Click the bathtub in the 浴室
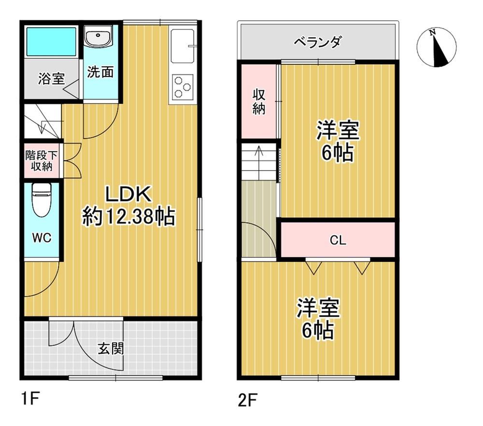pos(51,42)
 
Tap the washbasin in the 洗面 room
pos(98,36)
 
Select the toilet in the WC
pos(42,199)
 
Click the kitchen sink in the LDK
pos(183,46)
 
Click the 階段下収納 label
pos(42,160)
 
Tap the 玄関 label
pos(111,349)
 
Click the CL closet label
pos(338,240)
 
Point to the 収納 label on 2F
pos(259,101)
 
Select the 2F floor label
pos(248,400)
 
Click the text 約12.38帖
pos(128,216)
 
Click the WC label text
pos(42,238)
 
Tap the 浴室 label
pos(52,79)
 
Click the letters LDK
pos(128,194)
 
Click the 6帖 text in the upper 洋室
pos(337,153)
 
